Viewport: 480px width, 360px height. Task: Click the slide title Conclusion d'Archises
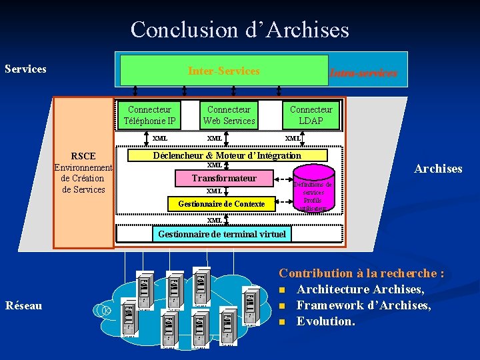click(x=239, y=29)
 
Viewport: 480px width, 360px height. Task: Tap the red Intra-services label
click(x=363, y=73)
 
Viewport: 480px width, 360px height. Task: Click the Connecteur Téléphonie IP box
click(x=149, y=115)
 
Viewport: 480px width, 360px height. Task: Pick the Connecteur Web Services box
click(x=229, y=115)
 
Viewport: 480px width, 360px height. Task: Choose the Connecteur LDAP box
click(x=311, y=115)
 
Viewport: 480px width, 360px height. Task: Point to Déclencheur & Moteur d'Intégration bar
click(x=227, y=155)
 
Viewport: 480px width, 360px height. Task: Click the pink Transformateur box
click(x=224, y=178)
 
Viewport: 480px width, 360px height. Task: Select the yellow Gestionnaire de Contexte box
click(x=221, y=203)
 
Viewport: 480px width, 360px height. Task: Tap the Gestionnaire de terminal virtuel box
click(x=221, y=233)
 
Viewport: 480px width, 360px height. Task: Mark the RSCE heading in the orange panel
click(x=83, y=156)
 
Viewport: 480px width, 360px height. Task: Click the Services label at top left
click(x=25, y=69)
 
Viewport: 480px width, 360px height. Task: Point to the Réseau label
click(x=23, y=305)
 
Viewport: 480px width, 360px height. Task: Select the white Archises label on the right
click(x=438, y=169)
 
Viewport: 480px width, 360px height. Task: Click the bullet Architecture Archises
click(x=360, y=289)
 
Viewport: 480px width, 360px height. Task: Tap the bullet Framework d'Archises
click(x=363, y=305)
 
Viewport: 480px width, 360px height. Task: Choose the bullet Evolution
click(x=326, y=321)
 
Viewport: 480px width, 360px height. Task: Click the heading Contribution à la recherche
click(x=361, y=273)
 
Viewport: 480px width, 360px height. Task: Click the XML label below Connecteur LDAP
click(x=293, y=138)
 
